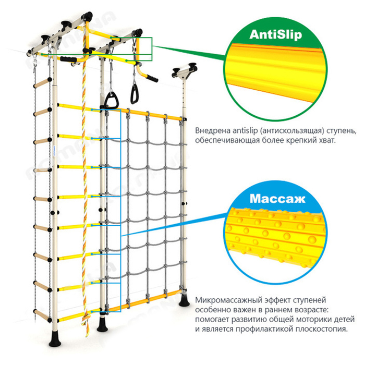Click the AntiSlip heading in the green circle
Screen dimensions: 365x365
click(x=276, y=34)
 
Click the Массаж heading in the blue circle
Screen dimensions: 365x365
click(x=277, y=199)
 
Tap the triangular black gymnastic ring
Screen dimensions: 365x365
click(x=111, y=100)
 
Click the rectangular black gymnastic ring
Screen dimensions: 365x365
click(x=135, y=94)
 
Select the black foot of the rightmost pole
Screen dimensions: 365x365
click(x=185, y=300)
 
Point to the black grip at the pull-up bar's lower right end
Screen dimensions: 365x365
click(x=152, y=78)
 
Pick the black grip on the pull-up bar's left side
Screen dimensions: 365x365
click(x=68, y=59)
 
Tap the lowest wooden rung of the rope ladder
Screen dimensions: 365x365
click(x=43, y=315)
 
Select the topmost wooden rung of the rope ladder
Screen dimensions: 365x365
click(x=43, y=82)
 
